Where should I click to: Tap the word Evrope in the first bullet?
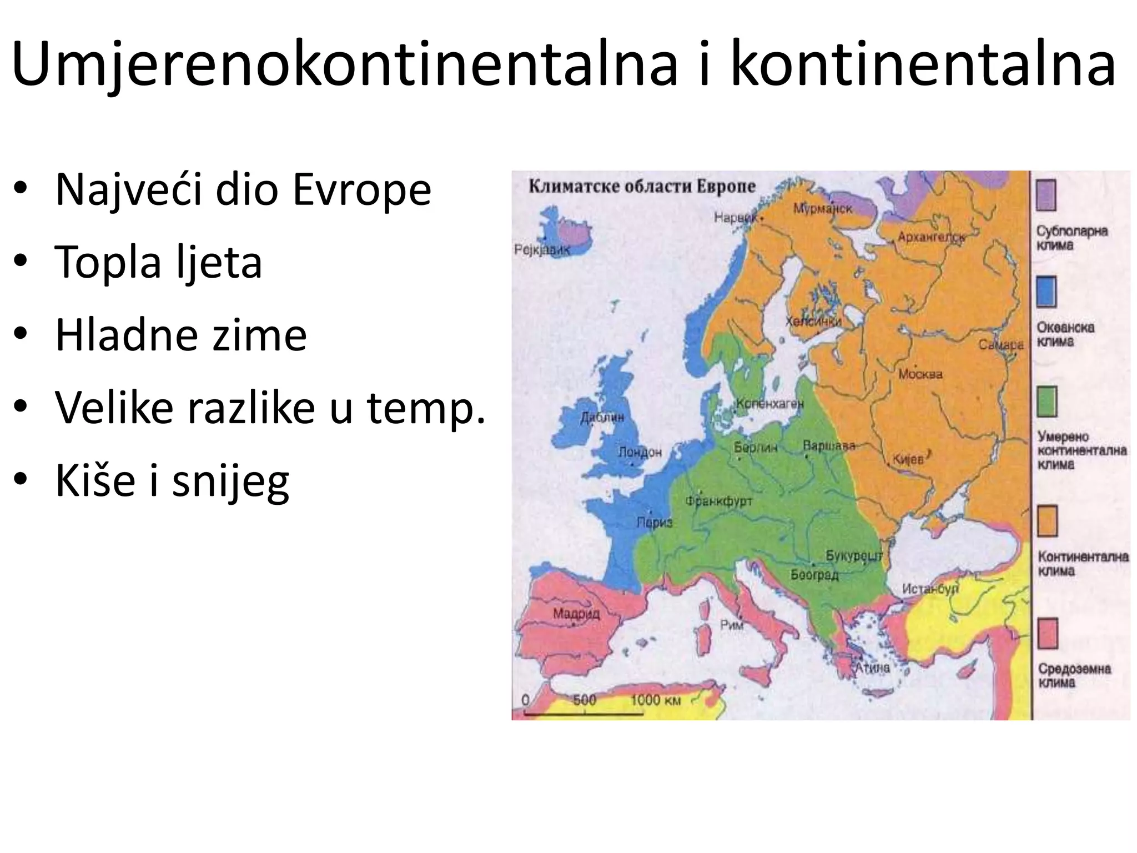pyautogui.click(x=361, y=190)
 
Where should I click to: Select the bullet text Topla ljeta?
pyautogui.click(x=158, y=262)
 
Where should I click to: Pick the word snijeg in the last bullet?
pyautogui.click(x=230, y=481)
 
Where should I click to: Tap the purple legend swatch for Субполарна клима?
pyautogui.click(x=1046, y=195)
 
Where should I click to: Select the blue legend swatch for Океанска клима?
pyautogui.click(x=1046, y=292)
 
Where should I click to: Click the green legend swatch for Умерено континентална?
pyautogui.click(x=1047, y=402)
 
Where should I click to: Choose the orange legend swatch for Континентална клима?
pyautogui.click(x=1047, y=520)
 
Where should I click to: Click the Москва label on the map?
pyautogui.click(x=920, y=374)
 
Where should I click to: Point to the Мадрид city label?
pyautogui.click(x=576, y=614)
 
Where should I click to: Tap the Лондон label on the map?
pyautogui.click(x=640, y=452)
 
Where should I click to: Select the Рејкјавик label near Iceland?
pyautogui.click(x=542, y=250)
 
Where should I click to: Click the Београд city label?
pyautogui.click(x=814, y=575)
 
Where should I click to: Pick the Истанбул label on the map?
pyautogui.click(x=930, y=589)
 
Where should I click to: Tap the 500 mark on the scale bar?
pyautogui.click(x=585, y=700)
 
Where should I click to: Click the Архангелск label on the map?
pyautogui.click(x=932, y=238)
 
